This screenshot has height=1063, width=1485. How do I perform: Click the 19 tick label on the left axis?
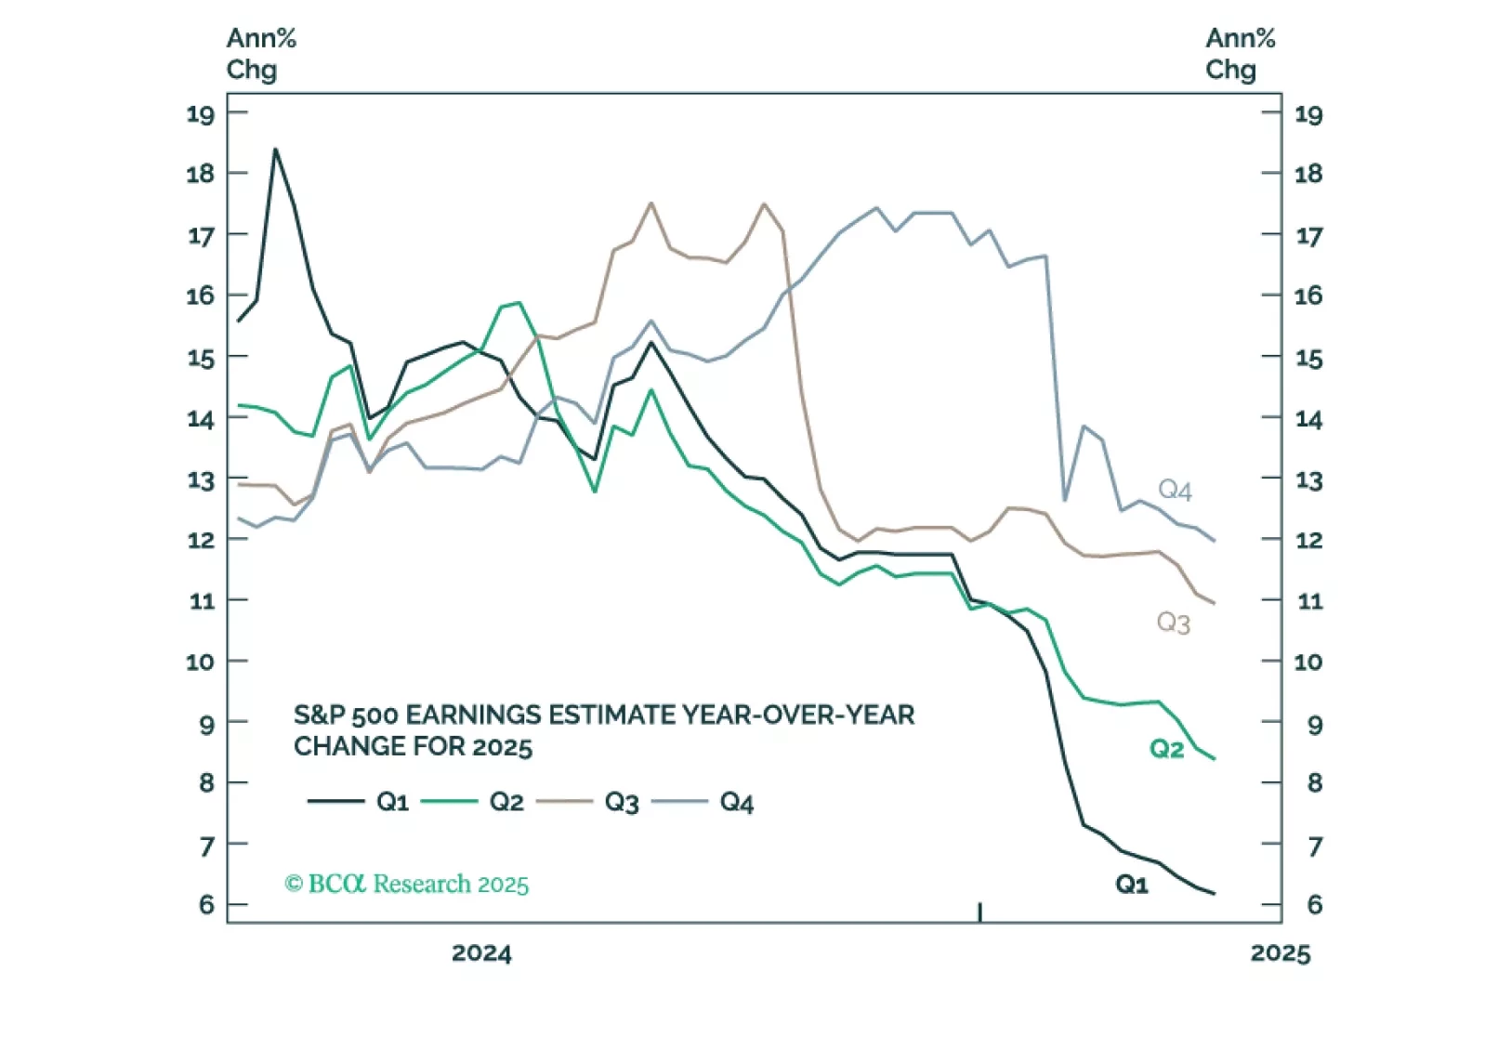point(200,114)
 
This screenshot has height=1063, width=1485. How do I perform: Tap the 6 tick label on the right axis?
point(1314,904)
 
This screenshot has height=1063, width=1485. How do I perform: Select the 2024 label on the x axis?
point(481,953)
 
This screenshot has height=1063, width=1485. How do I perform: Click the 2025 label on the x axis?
point(1280,953)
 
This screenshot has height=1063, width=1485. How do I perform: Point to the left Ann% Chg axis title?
point(261,54)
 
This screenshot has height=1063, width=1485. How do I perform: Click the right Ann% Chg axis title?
point(1240,54)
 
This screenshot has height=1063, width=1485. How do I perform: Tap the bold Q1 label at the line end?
point(1132,885)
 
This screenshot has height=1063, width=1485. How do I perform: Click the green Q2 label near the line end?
point(1166,749)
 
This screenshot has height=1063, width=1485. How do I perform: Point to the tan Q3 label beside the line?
point(1173,623)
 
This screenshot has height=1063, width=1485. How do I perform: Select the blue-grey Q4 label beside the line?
point(1175,490)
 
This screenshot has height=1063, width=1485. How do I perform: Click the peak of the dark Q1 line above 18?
point(275,150)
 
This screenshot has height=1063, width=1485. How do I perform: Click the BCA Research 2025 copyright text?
point(407,884)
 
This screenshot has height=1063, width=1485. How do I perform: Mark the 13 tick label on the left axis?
point(200,480)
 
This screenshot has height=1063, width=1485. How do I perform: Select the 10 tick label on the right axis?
point(1308,662)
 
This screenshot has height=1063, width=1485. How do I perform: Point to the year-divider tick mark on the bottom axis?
point(979,912)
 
